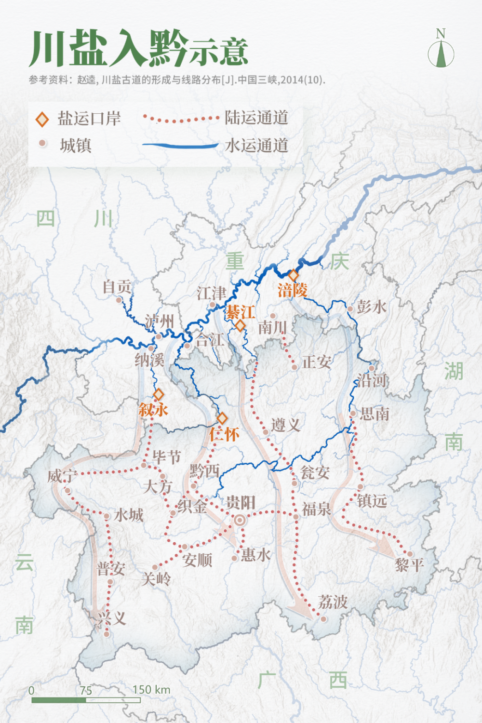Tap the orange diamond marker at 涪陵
[294, 275]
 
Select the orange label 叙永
[153, 410]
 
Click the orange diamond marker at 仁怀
[222, 418]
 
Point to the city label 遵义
[286, 425]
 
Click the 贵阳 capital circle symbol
[240, 521]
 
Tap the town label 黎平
[409, 565]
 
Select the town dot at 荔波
[323, 619]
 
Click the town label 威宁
[62, 476]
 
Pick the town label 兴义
[112, 618]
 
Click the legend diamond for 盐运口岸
[42, 119]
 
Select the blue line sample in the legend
[181, 145]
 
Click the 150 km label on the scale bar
[151, 690]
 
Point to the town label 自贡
[117, 287]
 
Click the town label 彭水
[372, 307]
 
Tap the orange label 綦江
[241, 312]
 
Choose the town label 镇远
[372, 501]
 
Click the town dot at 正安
[295, 367]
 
